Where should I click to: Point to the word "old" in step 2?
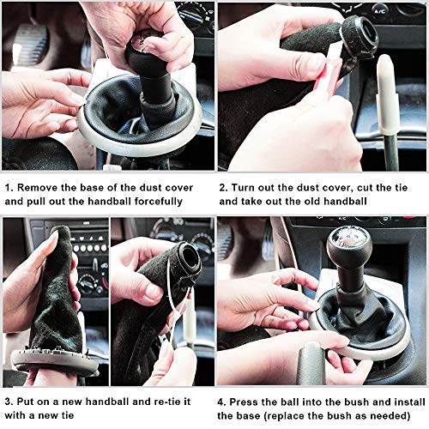point(312,202)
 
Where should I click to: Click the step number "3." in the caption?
point(9,402)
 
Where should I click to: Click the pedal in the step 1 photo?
point(31,46)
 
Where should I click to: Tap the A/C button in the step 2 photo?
point(380,12)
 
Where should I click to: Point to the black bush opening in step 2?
point(361,32)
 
